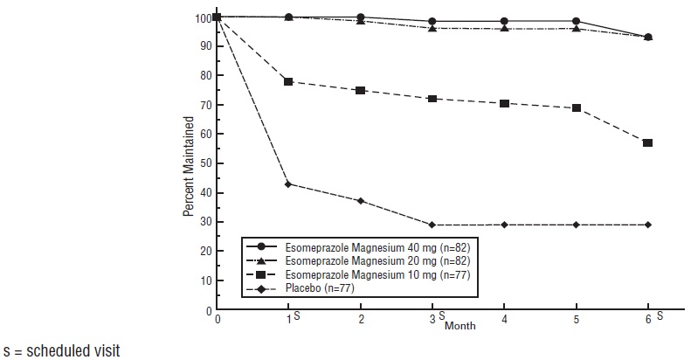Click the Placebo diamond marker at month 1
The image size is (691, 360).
(x=289, y=183)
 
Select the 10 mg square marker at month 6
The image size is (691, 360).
(x=647, y=142)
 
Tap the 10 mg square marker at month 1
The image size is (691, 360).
(x=289, y=81)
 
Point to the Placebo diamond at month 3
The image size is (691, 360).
(x=432, y=225)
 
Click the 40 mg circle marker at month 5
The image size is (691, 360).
(x=576, y=21)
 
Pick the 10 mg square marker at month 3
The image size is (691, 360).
(x=432, y=99)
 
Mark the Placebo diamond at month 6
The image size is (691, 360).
(x=647, y=225)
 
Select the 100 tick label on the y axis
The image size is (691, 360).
(x=201, y=17)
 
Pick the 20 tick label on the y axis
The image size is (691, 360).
(x=204, y=252)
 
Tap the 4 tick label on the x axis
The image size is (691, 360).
(x=504, y=320)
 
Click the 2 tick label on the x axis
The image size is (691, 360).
(x=361, y=320)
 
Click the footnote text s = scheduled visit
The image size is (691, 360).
(x=60, y=350)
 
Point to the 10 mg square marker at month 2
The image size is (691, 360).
(x=361, y=90)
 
